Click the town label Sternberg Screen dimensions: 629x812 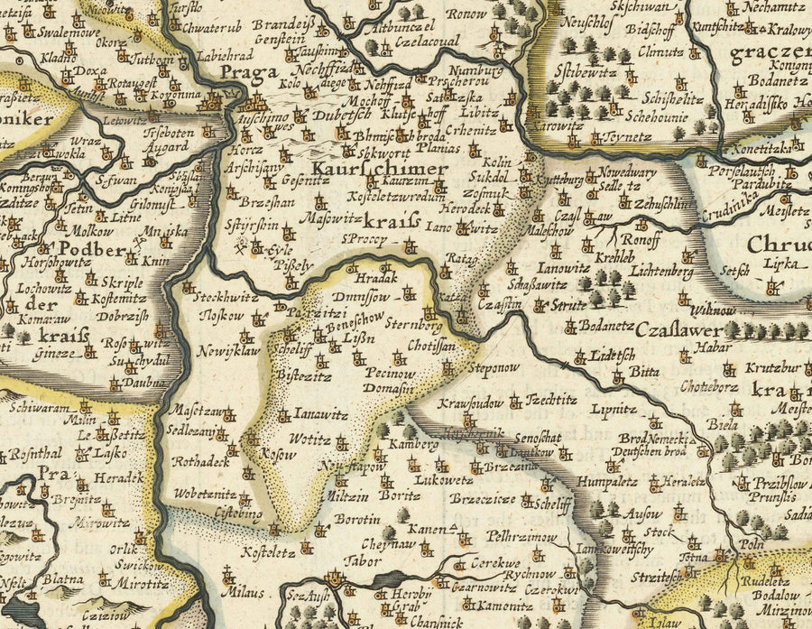413,322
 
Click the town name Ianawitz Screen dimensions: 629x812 322,415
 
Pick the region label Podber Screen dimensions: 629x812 90,250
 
